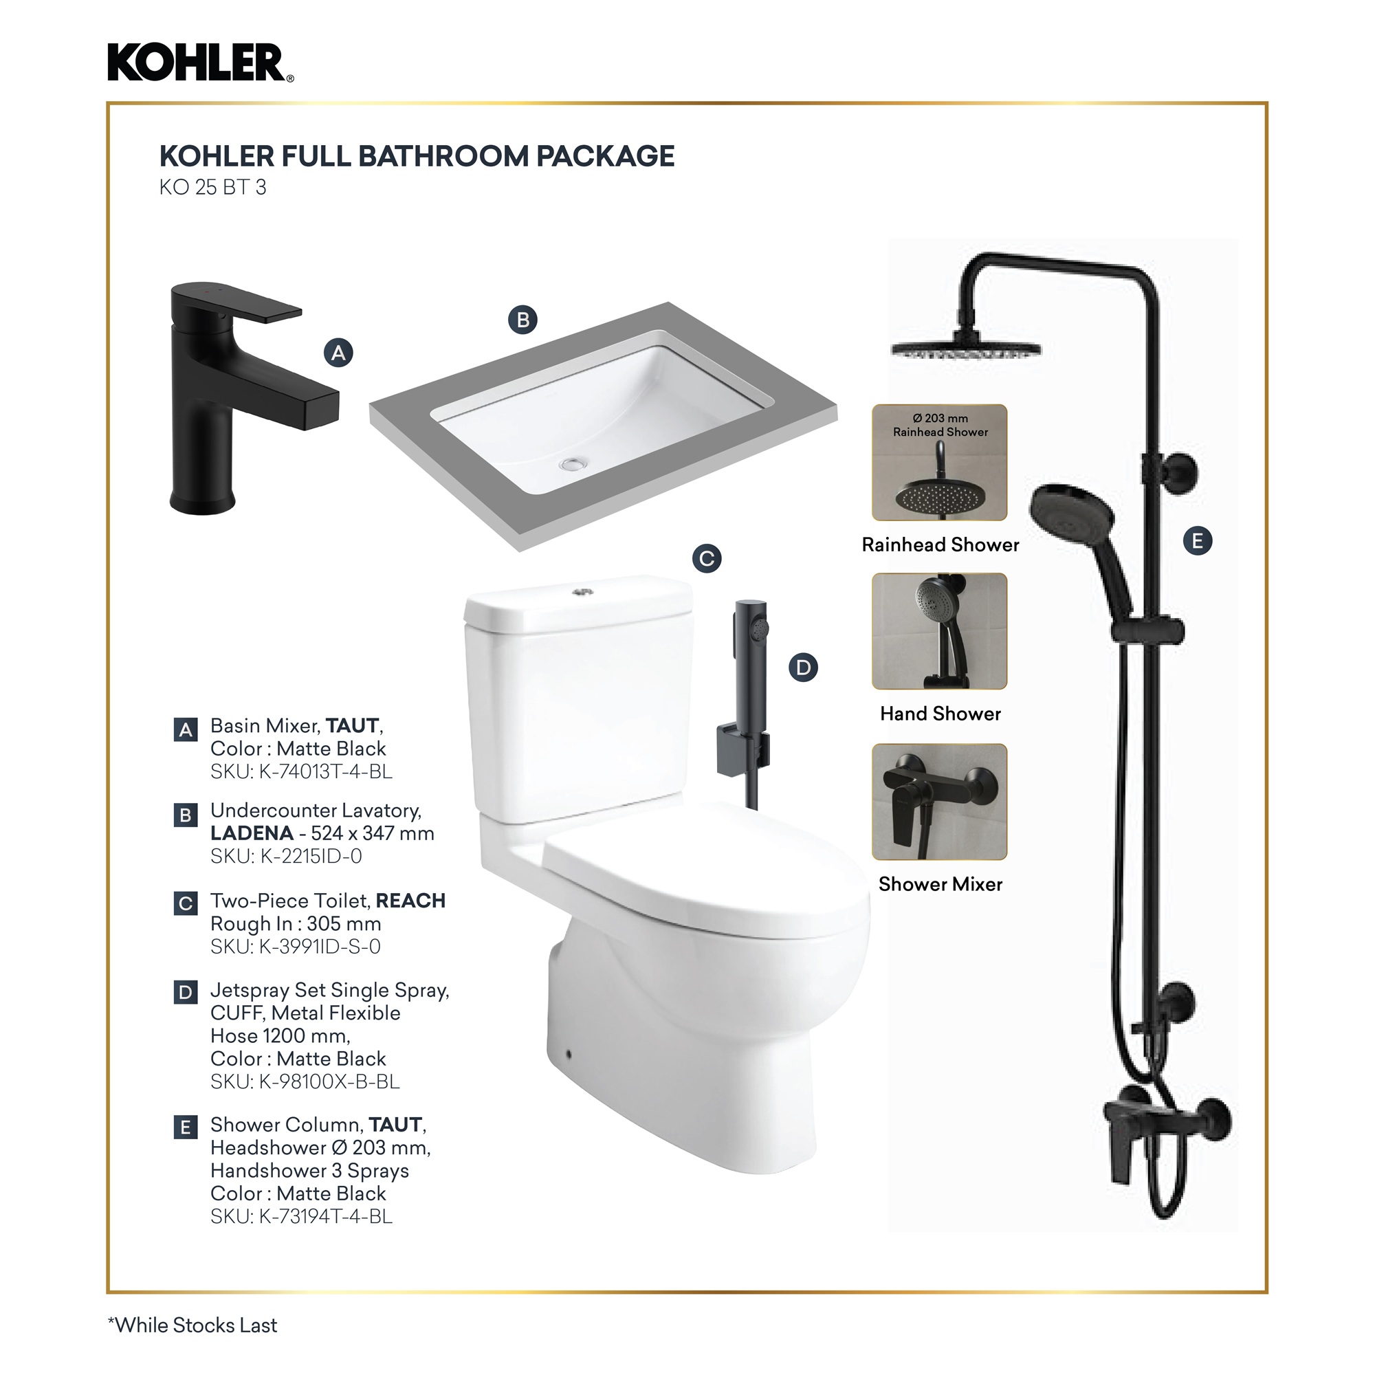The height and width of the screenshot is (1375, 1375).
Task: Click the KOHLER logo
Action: pos(200,63)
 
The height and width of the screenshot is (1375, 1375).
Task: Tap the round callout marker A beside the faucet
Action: pos(339,353)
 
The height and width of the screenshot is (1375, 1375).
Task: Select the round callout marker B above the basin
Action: pos(523,320)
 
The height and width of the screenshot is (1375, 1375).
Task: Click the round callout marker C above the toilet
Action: pos(707,559)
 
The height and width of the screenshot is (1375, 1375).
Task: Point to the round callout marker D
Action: pos(804,668)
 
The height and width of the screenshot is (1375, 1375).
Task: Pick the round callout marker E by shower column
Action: pos(1198,541)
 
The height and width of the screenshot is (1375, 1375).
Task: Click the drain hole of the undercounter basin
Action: pos(573,464)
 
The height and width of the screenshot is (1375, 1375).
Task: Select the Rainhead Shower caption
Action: pos(940,544)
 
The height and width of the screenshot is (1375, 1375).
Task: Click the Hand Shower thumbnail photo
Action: pos(939,631)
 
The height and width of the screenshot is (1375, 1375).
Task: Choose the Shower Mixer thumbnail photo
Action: pos(939,802)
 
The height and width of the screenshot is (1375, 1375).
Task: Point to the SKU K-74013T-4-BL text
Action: pos(301,771)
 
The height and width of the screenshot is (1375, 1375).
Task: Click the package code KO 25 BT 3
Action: pos(213,187)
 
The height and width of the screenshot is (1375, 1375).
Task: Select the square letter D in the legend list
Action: pos(186,992)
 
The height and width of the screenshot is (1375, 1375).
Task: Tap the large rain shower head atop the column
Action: pos(966,348)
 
